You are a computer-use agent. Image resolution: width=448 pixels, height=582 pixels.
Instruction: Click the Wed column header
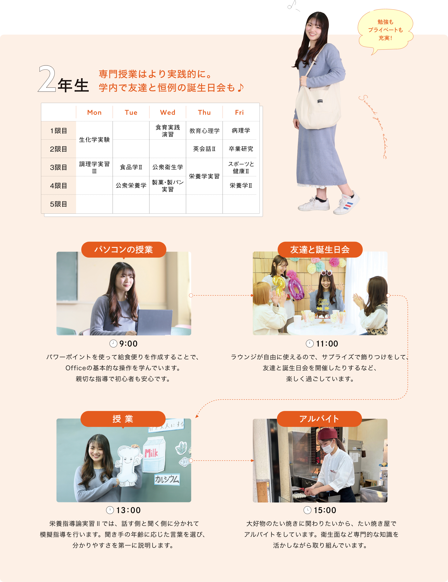coord(168,112)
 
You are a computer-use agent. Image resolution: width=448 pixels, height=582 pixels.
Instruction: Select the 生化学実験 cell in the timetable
coord(94,140)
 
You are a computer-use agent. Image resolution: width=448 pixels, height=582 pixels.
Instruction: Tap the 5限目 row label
coord(58,204)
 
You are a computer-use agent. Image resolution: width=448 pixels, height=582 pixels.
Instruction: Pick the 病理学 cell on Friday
coord(241,131)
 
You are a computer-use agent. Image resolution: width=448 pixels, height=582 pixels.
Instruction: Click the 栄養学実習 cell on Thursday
coord(204,176)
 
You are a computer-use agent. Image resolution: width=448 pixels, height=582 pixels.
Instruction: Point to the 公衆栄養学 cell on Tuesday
coord(131,185)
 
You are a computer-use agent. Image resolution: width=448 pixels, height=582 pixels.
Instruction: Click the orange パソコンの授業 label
coord(124,250)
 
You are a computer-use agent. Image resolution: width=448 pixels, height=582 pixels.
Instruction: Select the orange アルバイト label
coord(319,419)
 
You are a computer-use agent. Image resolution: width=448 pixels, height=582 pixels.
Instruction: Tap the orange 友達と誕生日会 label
coord(320,250)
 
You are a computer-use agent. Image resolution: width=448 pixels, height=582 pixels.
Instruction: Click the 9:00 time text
coord(128,344)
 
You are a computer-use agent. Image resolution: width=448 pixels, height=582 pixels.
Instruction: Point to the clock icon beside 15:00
coord(308,510)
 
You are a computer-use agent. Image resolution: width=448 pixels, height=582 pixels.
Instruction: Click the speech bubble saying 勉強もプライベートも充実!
coord(385,30)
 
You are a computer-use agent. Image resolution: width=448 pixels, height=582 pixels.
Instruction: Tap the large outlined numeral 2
coord(47,79)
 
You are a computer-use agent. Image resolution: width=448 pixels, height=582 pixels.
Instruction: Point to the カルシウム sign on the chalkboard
coord(167,479)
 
